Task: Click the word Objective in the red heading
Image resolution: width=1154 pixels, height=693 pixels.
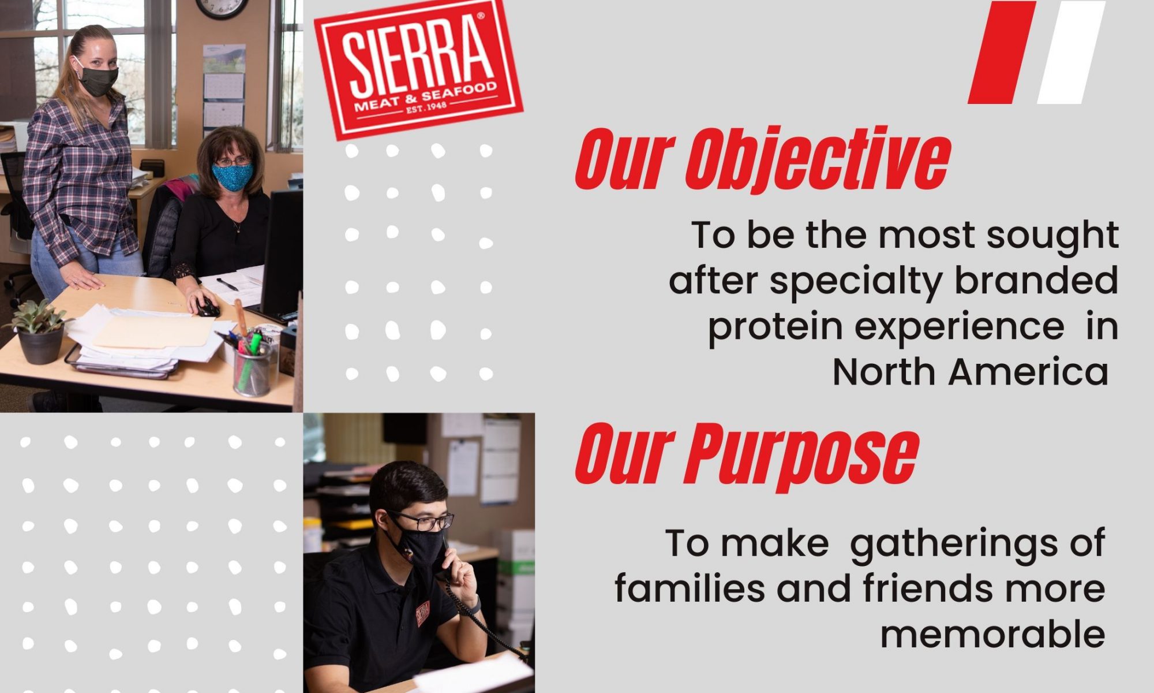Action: [x=818, y=161]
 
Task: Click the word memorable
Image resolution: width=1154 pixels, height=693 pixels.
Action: [x=992, y=634]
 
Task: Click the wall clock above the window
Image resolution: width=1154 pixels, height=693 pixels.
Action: [x=222, y=8]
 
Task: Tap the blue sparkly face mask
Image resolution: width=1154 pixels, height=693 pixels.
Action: [x=232, y=177]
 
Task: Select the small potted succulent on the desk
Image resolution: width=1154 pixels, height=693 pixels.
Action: [x=39, y=332]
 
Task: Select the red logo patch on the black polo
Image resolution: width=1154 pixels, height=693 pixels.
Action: [x=423, y=613]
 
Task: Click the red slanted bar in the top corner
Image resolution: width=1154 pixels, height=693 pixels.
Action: [x=1002, y=52]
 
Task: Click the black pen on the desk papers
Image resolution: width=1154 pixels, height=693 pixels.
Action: [x=227, y=285]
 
